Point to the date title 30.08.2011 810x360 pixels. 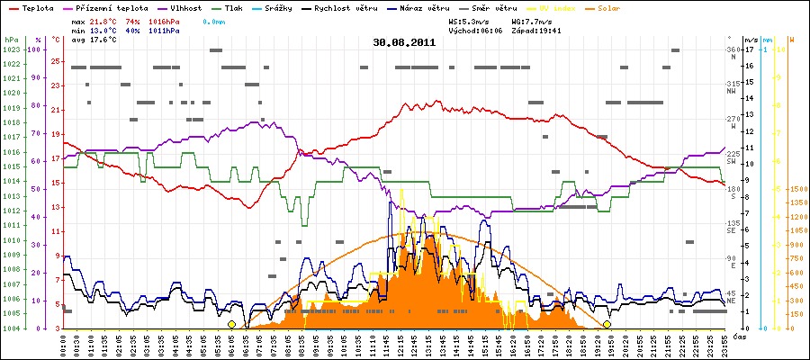[404, 42]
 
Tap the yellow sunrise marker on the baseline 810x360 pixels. [231, 324]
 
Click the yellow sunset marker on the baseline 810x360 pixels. [607, 324]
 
